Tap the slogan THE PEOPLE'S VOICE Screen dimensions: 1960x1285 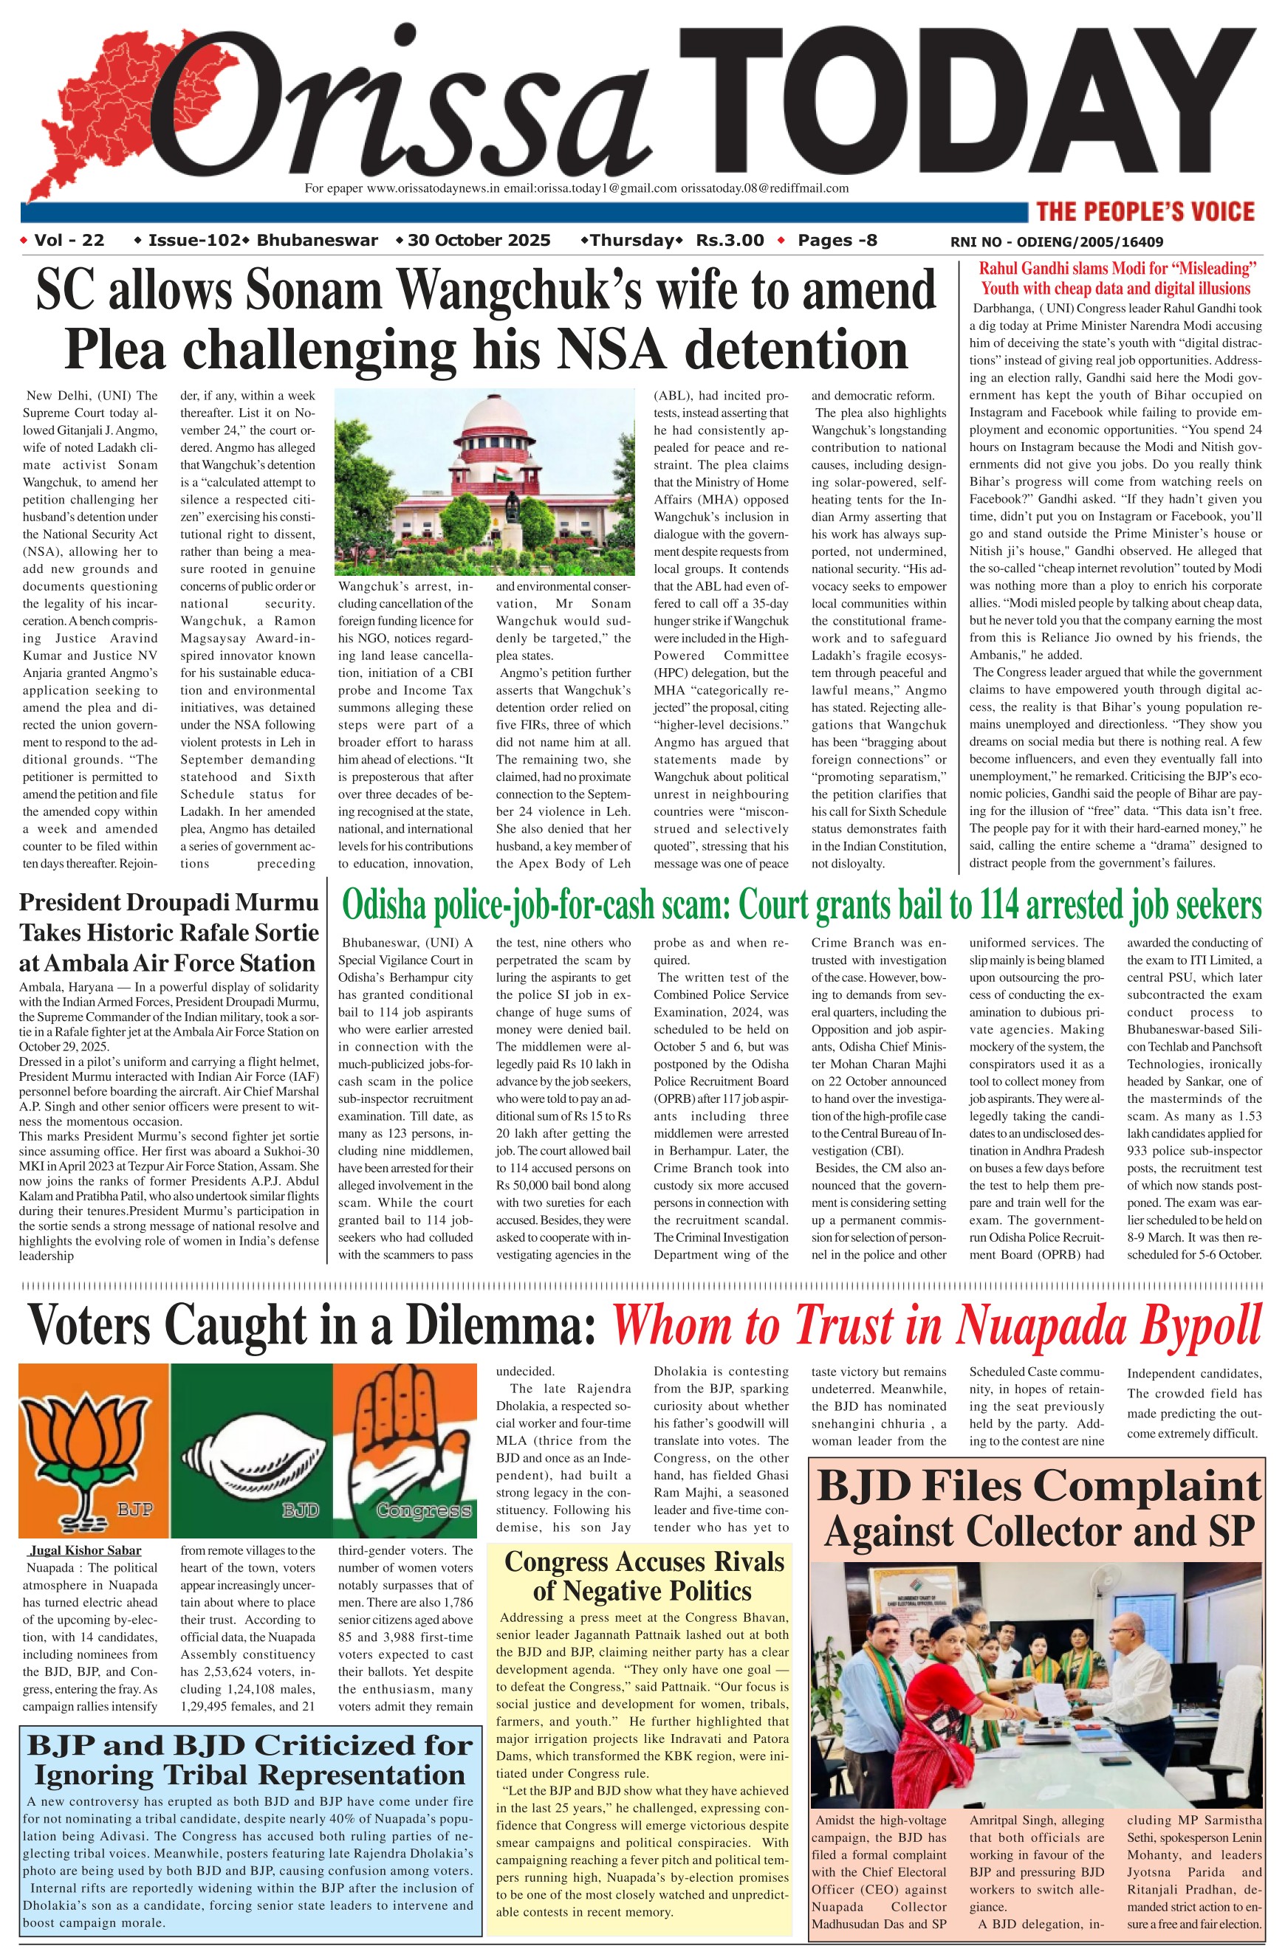click(x=1145, y=212)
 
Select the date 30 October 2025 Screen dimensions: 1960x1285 click(x=479, y=241)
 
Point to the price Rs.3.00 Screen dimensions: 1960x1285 click(x=730, y=241)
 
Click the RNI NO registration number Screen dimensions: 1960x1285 click(x=1057, y=242)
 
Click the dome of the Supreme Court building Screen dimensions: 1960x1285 click(x=484, y=424)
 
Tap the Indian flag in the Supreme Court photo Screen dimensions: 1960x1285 click(x=501, y=475)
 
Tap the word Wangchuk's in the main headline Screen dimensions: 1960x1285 click(x=524, y=292)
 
